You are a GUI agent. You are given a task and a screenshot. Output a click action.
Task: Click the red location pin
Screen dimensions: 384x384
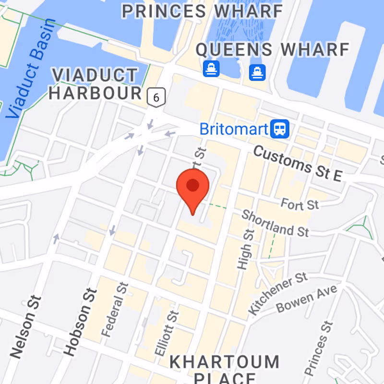[x=192, y=187]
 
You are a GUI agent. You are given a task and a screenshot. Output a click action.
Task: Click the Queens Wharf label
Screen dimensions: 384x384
[x=272, y=49]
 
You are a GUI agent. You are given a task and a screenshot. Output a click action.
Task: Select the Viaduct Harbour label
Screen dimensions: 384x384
[x=95, y=84]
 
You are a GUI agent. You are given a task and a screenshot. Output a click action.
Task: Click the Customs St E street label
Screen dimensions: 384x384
[x=297, y=164]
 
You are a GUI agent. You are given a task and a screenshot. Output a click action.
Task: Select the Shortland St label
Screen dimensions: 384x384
[x=275, y=223]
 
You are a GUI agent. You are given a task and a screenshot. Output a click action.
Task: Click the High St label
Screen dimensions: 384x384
[x=245, y=249]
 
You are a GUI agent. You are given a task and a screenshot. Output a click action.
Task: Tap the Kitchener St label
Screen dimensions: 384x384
[x=278, y=293]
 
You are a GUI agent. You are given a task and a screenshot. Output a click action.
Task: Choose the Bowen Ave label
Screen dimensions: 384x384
[x=307, y=299]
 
